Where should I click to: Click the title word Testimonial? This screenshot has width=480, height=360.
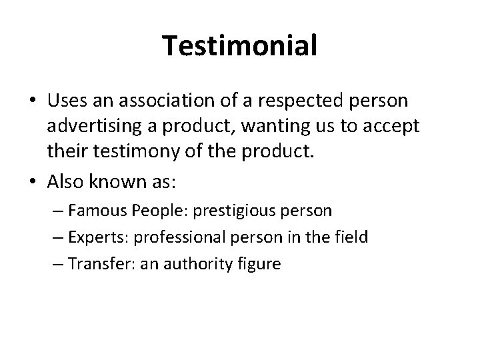240,46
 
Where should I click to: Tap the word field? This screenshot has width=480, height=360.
352,238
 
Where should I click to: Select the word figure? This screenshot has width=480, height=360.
262,264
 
